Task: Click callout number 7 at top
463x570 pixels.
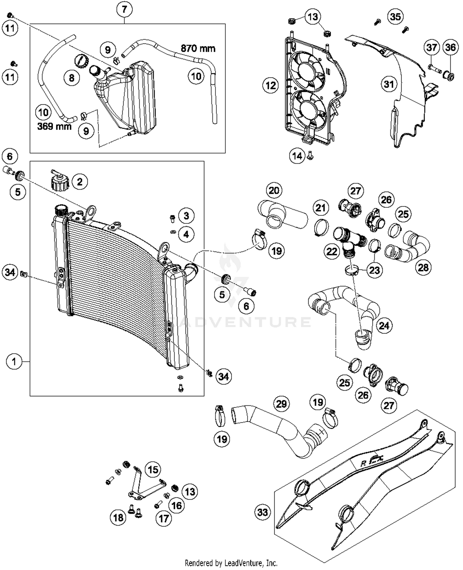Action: (x=124, y=9)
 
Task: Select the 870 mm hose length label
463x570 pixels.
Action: (x=198, y=48)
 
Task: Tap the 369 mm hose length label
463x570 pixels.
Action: (x=54, y=126)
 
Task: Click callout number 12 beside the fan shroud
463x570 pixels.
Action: (x=271, y=85)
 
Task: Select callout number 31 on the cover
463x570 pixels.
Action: (x=389, y=84)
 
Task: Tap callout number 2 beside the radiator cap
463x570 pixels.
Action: (x=80, y=182)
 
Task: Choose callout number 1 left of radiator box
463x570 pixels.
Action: (x=14, y=361)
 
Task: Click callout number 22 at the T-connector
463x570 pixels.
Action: (x=332, y=252)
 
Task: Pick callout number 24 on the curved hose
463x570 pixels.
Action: (x=384, y=326)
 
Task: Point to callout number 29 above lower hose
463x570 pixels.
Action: (x=281, y=404)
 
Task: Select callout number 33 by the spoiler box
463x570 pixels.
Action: (x=262, y=512)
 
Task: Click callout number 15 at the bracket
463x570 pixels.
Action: (x=153, y=470)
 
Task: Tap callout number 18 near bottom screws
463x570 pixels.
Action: (x=119, y=518)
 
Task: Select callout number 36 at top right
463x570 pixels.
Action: (x=450, y=47)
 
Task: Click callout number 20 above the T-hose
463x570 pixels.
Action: (x=274, y=190)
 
